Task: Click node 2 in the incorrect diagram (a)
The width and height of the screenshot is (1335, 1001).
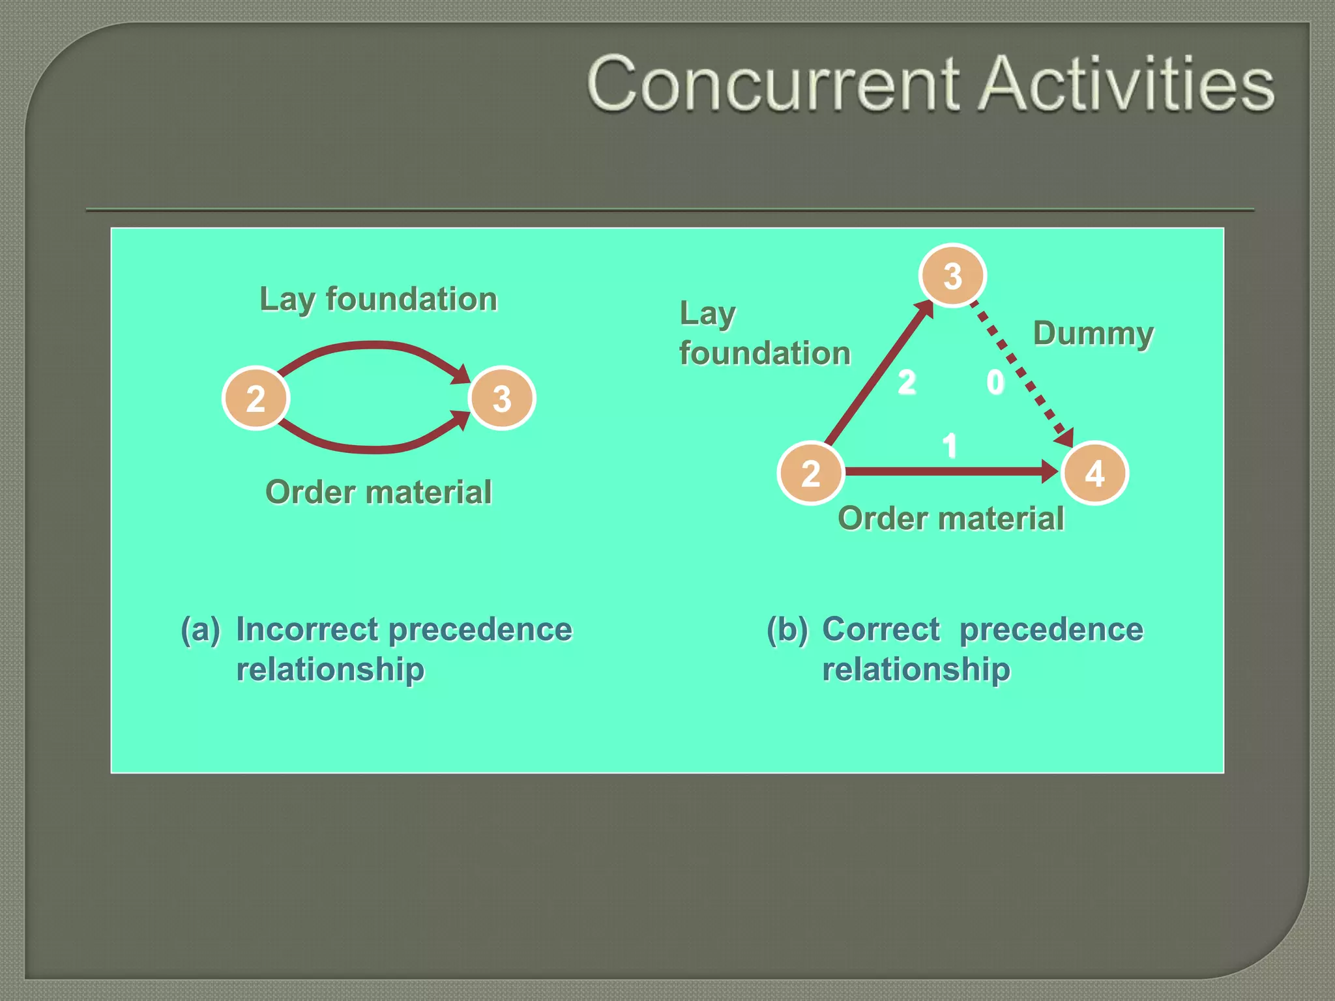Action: pyautogui.click(x=256, y=398)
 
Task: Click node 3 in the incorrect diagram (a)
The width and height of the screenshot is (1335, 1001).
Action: pyautogui.click(x=501, y=398)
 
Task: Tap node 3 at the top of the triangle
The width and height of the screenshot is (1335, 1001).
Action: pyautogui.click(x=952, y=276)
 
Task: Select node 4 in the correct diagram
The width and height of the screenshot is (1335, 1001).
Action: pyautogui.click(x=1094, y=473)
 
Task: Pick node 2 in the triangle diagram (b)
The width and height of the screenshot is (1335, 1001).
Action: pyautogui.click(x=810, y=473)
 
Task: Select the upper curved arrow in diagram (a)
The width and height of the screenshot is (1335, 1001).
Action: pyautogui.click(x=375, y=345)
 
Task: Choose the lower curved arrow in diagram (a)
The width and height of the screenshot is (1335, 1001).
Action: pyautogui.click(x=375, y=449)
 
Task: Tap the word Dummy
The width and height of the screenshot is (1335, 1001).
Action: pyautogui.click(x=1093, y=333)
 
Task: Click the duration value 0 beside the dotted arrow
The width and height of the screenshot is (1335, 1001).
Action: pyautogui.click(x=995, y=383)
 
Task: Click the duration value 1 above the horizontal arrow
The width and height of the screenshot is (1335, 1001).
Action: pyautogui.click(x=950, y=446)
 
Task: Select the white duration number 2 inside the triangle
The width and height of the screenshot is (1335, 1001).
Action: pyautogui.click(x=907, y=383)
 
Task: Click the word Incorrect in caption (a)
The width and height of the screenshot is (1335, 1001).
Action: pyautogui.click(x=306, y=630)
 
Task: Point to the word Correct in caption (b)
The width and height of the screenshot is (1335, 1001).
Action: pyautogui.click(x=881, y=630)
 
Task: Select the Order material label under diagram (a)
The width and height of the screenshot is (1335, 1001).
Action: pyautogui.click(x=378, y=492)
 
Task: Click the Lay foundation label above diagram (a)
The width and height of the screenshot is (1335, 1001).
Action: pyautogui.click(x=378, y=299)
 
